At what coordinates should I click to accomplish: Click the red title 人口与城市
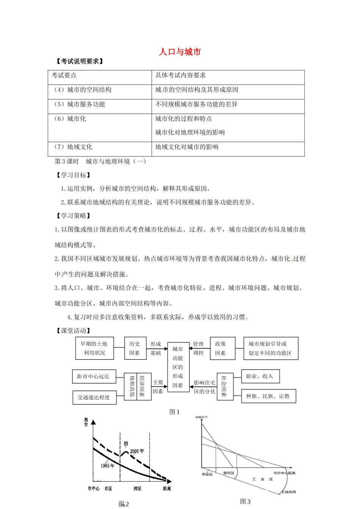point(180,52)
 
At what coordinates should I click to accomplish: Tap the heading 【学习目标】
point(73,175)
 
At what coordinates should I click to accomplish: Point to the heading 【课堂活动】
point(73,331)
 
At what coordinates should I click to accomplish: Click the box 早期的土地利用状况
point(94,348)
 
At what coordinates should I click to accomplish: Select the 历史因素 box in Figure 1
point(135,348)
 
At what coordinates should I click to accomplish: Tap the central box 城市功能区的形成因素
point(178,367)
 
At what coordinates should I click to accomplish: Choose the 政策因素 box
point(220,348)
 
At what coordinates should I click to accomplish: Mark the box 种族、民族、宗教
point(268,396)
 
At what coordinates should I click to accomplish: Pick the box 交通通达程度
point(94,398)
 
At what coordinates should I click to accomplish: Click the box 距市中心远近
point(93,376)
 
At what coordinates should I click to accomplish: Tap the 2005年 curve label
point(137,451)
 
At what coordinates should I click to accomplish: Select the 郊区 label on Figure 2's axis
point(138,489)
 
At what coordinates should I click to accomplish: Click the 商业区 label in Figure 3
point(207,474)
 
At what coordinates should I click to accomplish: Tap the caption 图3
point(245,501)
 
